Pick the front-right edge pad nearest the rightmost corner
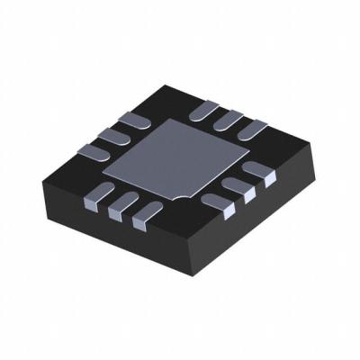pos(262,175)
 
